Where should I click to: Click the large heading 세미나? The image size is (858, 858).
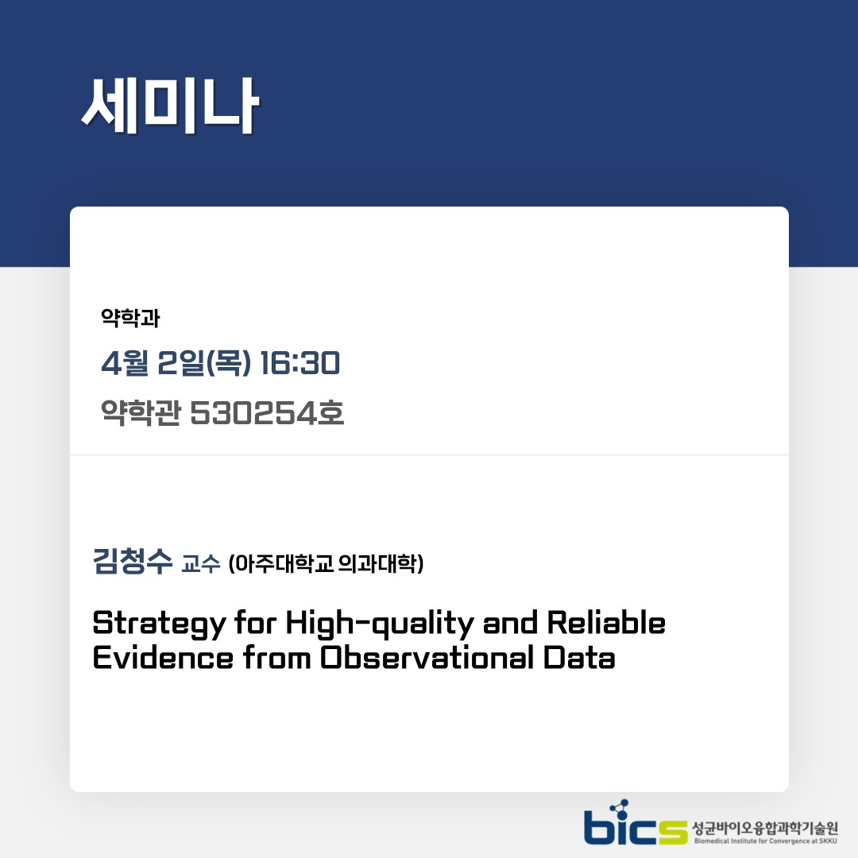(170, 106)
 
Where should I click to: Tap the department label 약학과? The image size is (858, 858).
(130, 318)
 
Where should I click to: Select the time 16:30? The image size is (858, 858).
(300, 363)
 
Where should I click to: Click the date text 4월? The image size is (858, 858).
(125, 363)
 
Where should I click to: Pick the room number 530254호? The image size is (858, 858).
(267, 412)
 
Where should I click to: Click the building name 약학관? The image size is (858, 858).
(141, 412)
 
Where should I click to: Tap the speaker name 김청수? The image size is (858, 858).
(133, 561)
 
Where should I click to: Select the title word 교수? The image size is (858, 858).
(201, 563)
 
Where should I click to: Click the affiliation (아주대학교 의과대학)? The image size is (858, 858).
(327, 563)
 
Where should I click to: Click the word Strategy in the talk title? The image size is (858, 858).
(159, 624)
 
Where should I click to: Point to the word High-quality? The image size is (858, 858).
(380, 624)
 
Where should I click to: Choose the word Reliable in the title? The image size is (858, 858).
(606, 622)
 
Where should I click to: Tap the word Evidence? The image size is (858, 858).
(163, 657)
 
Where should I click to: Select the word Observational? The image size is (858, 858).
(427, 657)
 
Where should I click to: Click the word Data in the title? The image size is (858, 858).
(579, 657)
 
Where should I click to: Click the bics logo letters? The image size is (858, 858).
(636, 824)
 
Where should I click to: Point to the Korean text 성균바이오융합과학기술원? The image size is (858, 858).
(765, 828)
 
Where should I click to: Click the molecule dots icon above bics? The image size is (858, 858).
(619, 809)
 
